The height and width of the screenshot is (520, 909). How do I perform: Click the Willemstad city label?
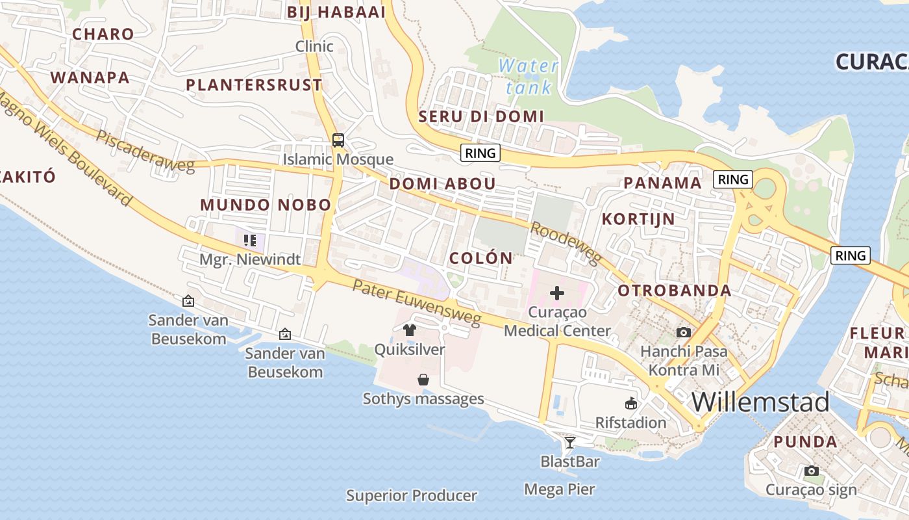760,402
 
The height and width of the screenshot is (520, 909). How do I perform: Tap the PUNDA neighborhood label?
805,442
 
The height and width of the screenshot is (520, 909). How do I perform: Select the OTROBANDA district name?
675,291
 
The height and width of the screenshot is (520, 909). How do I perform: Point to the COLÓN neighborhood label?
481,258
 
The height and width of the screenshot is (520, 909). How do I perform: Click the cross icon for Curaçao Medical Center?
557,294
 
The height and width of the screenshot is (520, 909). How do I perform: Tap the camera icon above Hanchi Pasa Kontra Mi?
683,333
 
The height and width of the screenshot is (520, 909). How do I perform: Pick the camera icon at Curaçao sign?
811,471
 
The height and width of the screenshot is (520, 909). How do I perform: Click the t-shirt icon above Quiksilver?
409,330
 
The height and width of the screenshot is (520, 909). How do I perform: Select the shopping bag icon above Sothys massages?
423,380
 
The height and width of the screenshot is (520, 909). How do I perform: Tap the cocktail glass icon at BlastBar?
570,443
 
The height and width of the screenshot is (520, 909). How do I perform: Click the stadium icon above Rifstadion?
630,404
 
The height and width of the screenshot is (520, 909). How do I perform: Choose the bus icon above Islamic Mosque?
338,140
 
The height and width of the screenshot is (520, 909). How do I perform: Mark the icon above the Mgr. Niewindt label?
250,240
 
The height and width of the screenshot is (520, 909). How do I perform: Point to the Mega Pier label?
559,489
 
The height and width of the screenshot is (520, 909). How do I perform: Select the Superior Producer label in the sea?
412,496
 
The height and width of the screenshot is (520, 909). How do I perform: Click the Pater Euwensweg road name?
417,302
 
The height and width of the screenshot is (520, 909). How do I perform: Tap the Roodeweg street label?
565,244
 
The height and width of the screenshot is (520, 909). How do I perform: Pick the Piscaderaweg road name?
145,151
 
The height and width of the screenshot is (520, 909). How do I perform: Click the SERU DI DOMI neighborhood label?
481,116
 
